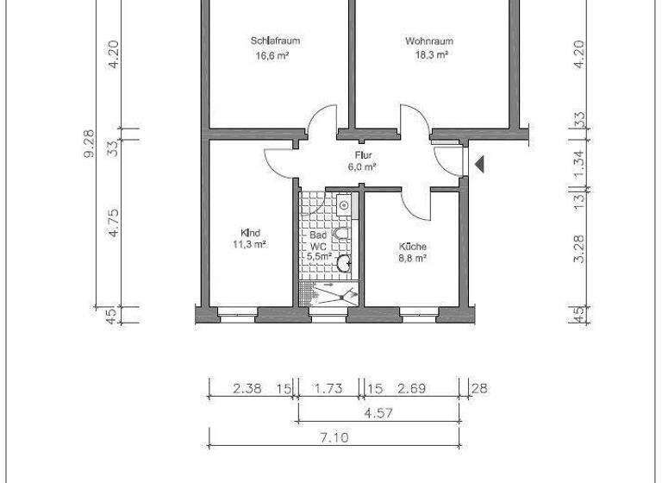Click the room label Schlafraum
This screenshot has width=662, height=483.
(x=275, y=41)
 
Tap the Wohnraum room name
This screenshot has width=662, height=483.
(x=428, y=41)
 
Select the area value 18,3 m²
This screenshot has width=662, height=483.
(x=428, y=54)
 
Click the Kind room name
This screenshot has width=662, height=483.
(x=250, y=232)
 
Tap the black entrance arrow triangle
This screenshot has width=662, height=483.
(x=479, y=163)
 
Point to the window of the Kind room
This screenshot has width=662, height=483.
(x=238, y=317)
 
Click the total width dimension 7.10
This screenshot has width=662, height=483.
(x=334, y=438)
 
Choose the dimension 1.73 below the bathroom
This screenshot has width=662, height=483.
(x=328, y=389)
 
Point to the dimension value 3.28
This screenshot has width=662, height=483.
(x=579, y=248)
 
